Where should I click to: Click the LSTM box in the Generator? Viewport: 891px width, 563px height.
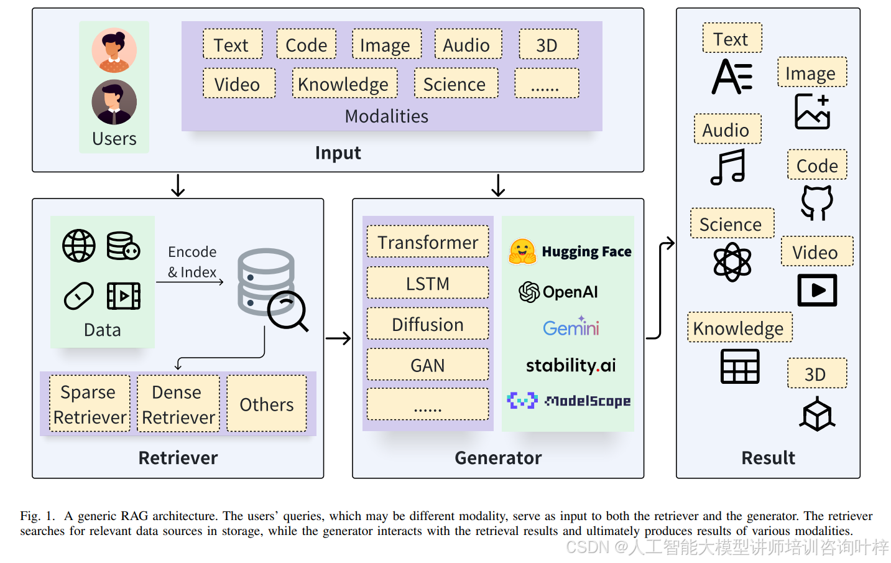tap(428, 284)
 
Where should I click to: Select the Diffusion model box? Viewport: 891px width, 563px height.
tap(428, 325)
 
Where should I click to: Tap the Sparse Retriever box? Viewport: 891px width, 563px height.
tap(90, 404)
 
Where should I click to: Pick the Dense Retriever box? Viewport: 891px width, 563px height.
tap(178, 404)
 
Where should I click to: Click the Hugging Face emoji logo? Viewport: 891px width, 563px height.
tap(522, 251)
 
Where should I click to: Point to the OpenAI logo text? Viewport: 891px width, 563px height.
tap(570, 292)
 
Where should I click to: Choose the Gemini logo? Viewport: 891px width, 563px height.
tap(571, 327)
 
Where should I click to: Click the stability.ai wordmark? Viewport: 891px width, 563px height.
tap(571, 365)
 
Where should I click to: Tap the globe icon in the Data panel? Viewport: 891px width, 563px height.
tap(79, 246)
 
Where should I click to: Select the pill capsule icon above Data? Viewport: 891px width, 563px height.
tap(79, 296)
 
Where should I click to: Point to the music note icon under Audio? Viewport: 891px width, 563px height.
tap(728, 167)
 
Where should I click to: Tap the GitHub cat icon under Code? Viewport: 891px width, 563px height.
tap(816, 202)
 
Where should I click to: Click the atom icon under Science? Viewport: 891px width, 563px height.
tap(732, 262)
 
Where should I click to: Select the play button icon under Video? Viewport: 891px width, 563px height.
tap(817, 290)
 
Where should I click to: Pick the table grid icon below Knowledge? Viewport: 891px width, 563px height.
tap(740, 366)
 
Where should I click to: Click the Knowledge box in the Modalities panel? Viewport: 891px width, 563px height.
tap(344, 84)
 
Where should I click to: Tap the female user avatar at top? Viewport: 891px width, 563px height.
tap(114, 50)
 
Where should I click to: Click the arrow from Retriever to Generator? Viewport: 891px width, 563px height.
tap(338, 338)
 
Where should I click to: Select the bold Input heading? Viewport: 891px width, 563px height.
tap(338, 153)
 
